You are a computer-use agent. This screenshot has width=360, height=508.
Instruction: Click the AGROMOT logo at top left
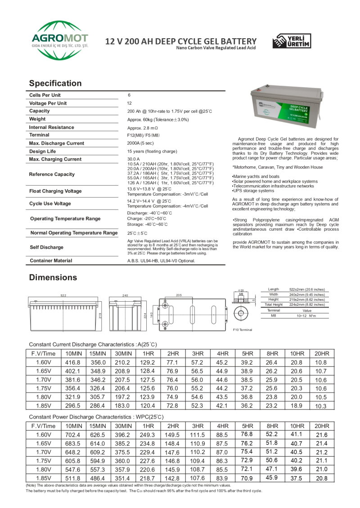click(59, 40)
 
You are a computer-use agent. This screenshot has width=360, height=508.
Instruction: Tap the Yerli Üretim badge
click(291, 41)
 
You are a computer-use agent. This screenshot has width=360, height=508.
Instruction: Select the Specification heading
click(55, 83)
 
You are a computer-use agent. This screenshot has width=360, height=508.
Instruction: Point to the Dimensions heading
click(53, 277)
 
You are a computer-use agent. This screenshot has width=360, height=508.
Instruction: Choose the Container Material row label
click(50, 261)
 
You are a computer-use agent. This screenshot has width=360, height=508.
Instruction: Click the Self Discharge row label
click(46, 247)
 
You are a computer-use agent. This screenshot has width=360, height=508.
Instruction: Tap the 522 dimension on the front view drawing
click(63, 295)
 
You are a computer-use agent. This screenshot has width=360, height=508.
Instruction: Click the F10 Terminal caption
click(243, 330)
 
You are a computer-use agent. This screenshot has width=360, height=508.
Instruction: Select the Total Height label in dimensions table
click(274, 305)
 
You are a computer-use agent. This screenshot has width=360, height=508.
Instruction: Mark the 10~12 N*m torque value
click(306, 316)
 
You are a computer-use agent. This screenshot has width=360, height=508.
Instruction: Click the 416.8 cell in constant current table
click(72, 362)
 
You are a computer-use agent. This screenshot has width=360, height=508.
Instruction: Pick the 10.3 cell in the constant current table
click(321, 406)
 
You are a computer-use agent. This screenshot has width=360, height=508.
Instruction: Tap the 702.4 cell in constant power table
click(72, 435)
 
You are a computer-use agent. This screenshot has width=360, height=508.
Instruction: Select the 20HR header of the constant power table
click(321, 426)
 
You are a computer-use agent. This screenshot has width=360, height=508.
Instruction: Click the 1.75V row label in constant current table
click(43, 388)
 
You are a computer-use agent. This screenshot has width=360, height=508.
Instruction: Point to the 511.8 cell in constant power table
click(72, 478)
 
